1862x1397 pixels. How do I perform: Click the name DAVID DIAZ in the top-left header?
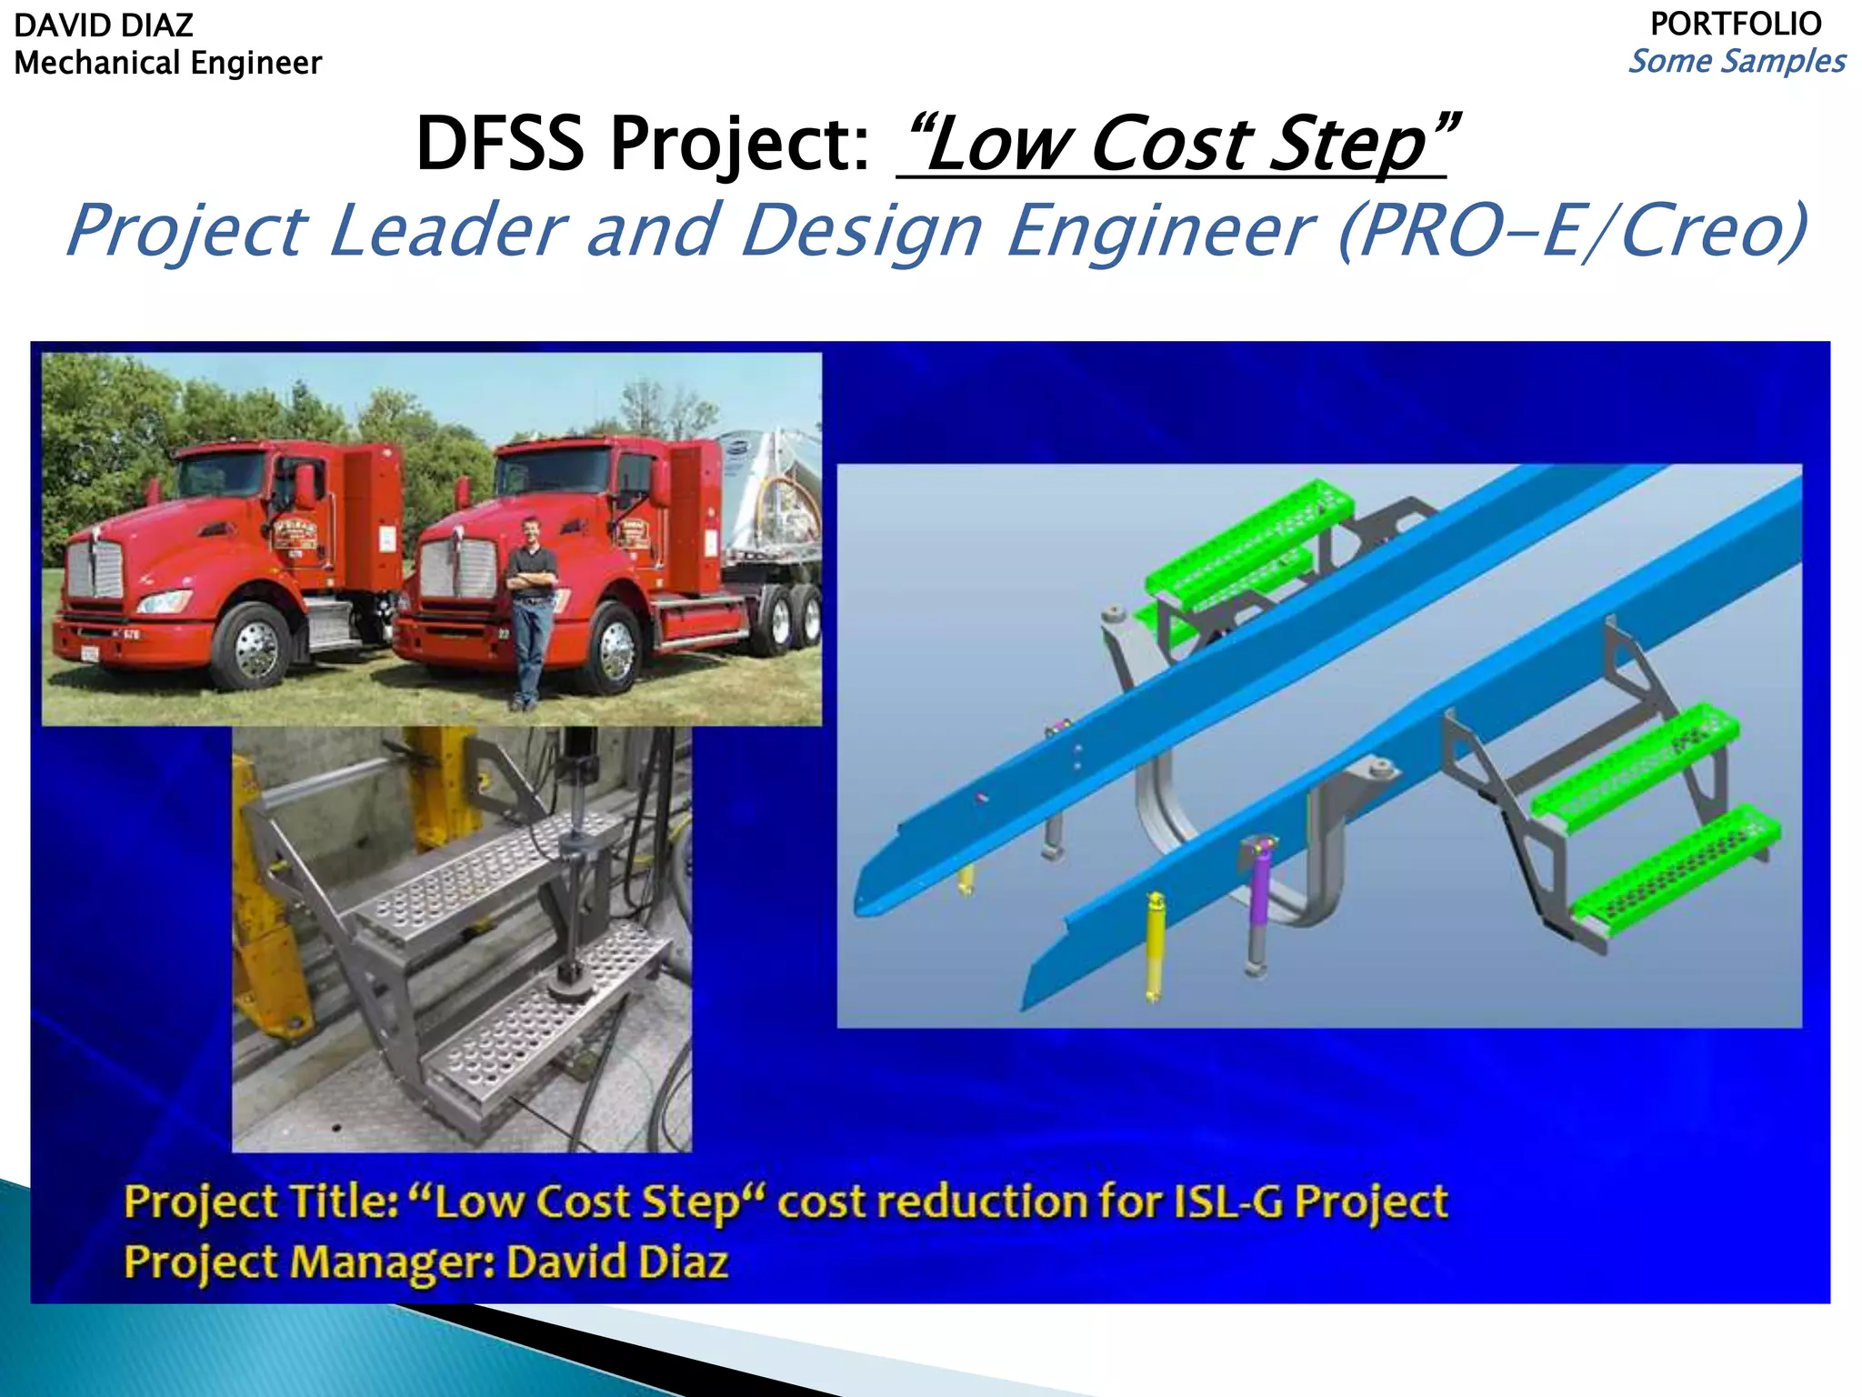pos(104,25)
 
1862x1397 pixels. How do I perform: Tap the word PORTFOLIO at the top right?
pos(1735,24)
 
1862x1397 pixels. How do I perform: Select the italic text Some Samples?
pos(1737,62)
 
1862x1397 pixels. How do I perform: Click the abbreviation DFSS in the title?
pos(499,144)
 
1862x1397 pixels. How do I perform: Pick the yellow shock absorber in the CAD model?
pos(1155,946)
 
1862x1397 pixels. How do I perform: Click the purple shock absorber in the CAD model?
pos(1259,878)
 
